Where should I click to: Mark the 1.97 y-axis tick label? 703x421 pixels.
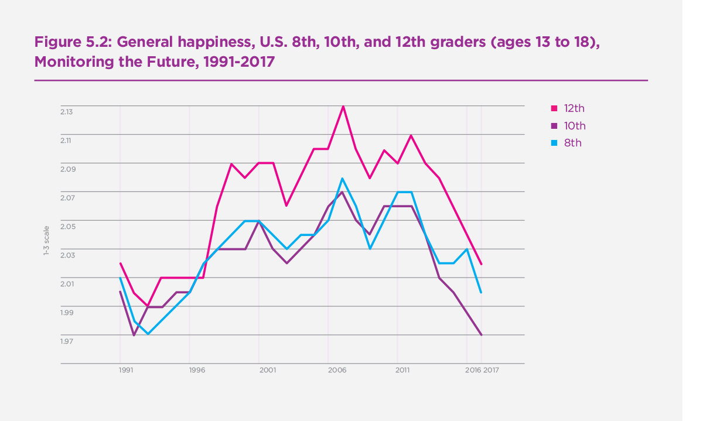click(66, 341)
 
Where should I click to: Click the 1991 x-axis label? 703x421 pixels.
click(125, 371)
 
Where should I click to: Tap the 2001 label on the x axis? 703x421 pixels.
click(268, 371)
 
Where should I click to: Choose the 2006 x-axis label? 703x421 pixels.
click(336, 371)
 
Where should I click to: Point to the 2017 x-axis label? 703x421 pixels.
click(491, 371)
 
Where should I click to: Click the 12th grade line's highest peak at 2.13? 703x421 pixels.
click(343, 106)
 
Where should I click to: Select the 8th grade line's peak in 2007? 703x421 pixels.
click(343, 178)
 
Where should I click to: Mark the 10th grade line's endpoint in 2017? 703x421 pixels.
click(482, 335)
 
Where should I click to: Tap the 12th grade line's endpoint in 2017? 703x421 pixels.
click(482, 264)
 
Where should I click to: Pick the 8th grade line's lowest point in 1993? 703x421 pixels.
click(148, 334)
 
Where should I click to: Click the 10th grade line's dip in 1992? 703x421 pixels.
click(134, 336)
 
